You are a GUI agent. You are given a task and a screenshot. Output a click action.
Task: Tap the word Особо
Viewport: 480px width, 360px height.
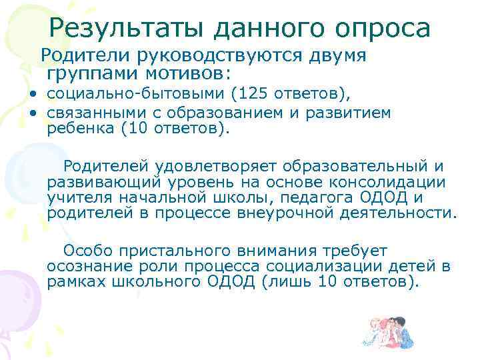pyautogui.click(x=85, y=251)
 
